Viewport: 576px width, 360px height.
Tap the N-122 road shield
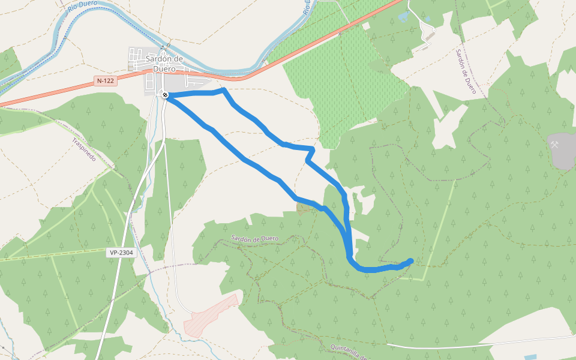pyautogui.click(x=105, y=80)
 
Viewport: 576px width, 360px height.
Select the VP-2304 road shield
pyautogui.click(x=122, y=253)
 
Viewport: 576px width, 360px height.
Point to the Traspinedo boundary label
pyautogui.click(x=84, y=149)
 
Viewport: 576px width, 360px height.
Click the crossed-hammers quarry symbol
pyautogui.click(x=556, y=145)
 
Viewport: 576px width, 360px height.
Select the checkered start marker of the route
pyautogui.click(x=164, y=95)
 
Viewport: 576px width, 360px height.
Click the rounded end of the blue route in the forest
pyautogui.click(x=410, y=261)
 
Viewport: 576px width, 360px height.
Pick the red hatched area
pyautogui.click(x=211, y=316)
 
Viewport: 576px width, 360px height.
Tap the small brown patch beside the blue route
pyautogui.click(x=304, y=208)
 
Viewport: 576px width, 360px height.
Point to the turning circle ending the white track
pyautogui.click(x=434, y=29)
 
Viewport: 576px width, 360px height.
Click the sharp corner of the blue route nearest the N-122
pyautogui.click(x=223, y=91)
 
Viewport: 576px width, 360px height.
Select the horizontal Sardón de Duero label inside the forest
pyautogui.click(x=255, y=239)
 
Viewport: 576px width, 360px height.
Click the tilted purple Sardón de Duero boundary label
pyautogui.click(x=466, y=71)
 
